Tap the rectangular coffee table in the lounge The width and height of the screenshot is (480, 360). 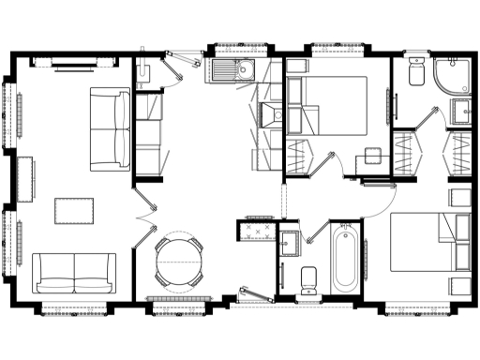pyautogui.click(x=76, y=211)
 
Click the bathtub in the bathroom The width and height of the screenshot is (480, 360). pyautogui.click(x=345, y=257)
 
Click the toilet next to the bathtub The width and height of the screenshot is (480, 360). pyautogui.click(x=307, y=279)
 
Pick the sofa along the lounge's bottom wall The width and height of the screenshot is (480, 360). pyautogui.click(x=75, y=273)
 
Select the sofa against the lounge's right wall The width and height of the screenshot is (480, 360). pyautogui.click(x=112, y=129)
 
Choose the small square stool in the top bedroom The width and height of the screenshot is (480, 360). pyautogui.click(x=373, y=155)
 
